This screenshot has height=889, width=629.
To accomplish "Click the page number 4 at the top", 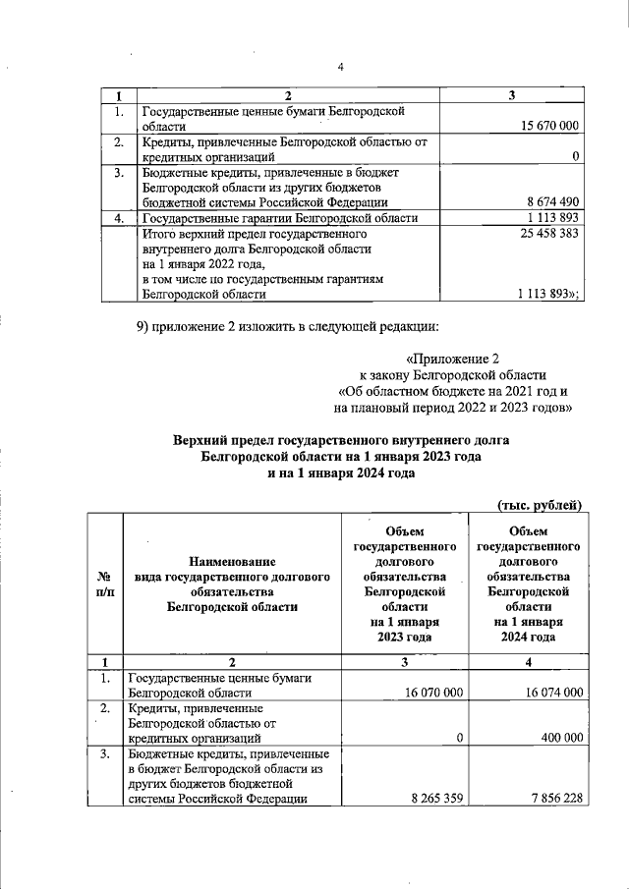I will (340, 68).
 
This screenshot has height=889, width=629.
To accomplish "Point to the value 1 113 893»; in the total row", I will (548, 293).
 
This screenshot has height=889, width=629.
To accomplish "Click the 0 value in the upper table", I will (575, 156).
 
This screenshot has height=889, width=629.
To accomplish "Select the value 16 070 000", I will (429, 692).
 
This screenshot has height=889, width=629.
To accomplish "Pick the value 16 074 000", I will (550, 692).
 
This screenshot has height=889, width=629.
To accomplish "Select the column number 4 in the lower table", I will (527, 660).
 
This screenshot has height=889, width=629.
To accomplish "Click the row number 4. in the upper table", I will (118, 218).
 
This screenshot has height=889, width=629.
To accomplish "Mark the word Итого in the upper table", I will (162, 236).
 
